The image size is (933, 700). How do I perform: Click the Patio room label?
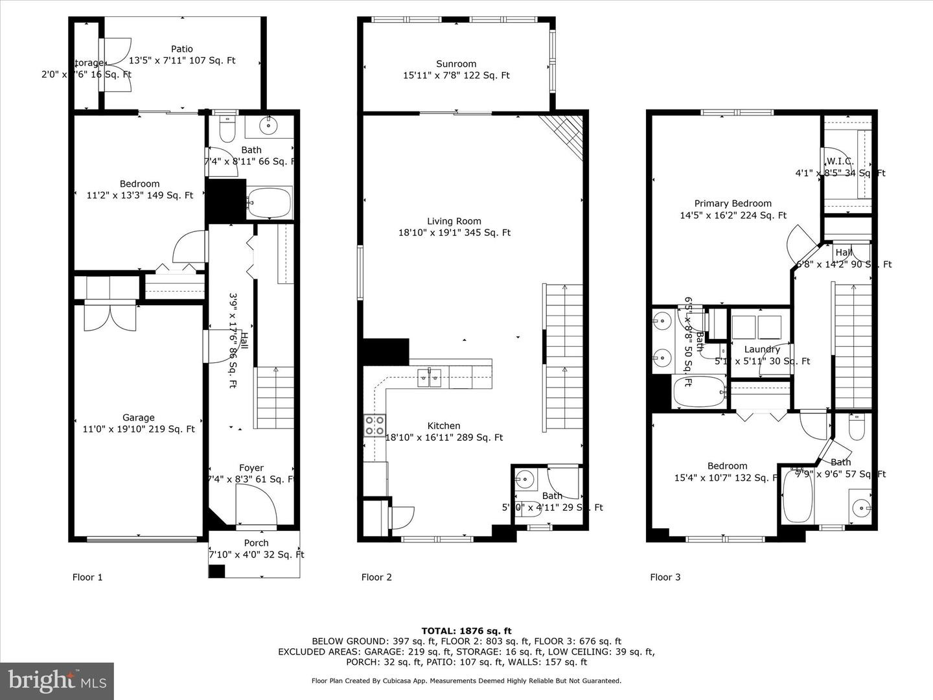tap(182, 49)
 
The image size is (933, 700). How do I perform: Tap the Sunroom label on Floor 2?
tap(456, 64)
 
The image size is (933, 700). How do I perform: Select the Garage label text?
tap(139, 418)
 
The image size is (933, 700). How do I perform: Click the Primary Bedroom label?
tap(733, 204)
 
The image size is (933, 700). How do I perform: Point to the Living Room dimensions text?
tap(454, 233)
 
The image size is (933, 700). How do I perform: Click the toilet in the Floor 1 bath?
tap(227, 130)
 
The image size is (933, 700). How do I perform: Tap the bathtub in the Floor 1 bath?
tap(270, 203)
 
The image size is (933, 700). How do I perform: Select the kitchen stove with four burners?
tap(374, 425)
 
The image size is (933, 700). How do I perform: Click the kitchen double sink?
tap(429, 377)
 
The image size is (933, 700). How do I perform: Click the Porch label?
tap(256, 543)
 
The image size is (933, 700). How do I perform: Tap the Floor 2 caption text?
tap(376, 577)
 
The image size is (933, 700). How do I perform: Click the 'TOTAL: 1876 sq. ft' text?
tap(466, 631)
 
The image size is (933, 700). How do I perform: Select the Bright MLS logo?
tap(57, 681)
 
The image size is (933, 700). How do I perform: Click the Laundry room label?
tap(762, 349)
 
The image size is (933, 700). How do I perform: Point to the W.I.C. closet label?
tap(840, 161)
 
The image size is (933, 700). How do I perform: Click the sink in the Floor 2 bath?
tap(525, 481)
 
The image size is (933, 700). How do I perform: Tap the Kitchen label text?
tap(444, 426)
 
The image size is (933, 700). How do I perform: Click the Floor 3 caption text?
tap(665, 577)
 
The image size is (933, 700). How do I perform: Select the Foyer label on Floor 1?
tap(251, 468)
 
